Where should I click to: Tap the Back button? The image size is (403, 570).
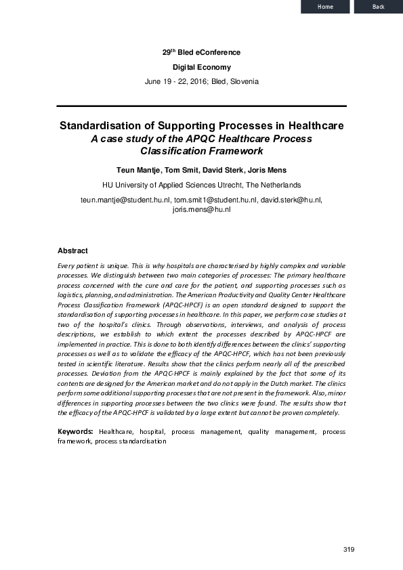[379, 7]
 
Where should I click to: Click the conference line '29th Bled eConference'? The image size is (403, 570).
[201, 53]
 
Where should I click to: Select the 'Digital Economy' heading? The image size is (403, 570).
[201, 67]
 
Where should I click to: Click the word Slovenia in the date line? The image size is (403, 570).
[244, 81]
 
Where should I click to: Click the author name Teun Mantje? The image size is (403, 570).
[139, 169]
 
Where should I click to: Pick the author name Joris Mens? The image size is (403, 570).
[264, 169]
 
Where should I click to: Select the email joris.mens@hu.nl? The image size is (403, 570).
[202, 210]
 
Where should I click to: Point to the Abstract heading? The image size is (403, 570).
[72, 250]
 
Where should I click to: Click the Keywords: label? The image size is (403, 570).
[75, 431]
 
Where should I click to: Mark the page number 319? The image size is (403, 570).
[349, 549]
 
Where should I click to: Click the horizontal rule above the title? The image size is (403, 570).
[201, 106]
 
